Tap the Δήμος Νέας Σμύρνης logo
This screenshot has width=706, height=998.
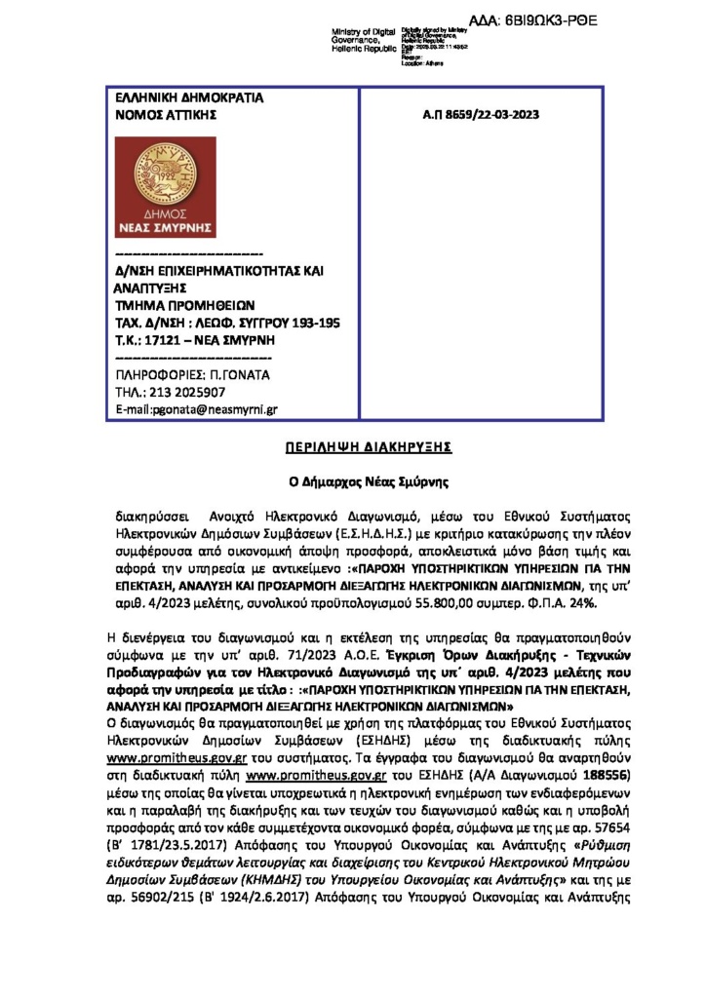(165, 187)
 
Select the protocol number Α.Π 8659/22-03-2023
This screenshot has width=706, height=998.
(481, 114)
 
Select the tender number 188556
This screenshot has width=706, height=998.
(581, 776)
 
